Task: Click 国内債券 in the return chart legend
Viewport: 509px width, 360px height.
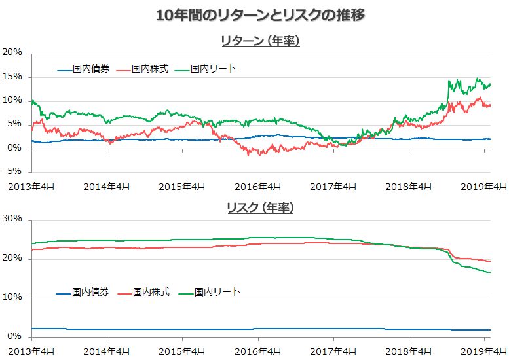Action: pos(92,69)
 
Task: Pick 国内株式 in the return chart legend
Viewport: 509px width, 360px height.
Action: pos(150,69)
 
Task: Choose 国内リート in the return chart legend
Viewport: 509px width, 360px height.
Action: pos(214,69)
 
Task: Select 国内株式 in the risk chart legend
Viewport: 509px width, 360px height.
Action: pos(151,292)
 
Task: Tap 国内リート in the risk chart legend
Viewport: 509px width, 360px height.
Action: pos(218,292)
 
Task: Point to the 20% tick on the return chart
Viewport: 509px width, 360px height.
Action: pos(12,52)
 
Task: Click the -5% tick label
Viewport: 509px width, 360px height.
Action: pos(12,172)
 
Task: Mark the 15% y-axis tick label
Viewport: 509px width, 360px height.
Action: pos(12,77)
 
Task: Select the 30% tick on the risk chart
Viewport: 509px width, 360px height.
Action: pos(12,219)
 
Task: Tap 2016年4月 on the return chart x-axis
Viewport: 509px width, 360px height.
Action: pos(257,187)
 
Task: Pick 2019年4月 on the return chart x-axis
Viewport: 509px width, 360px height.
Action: pos(484,187)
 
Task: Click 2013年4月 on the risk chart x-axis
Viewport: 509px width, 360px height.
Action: pos(31,351)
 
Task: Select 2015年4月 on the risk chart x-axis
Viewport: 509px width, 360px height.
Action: pos(182,351)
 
